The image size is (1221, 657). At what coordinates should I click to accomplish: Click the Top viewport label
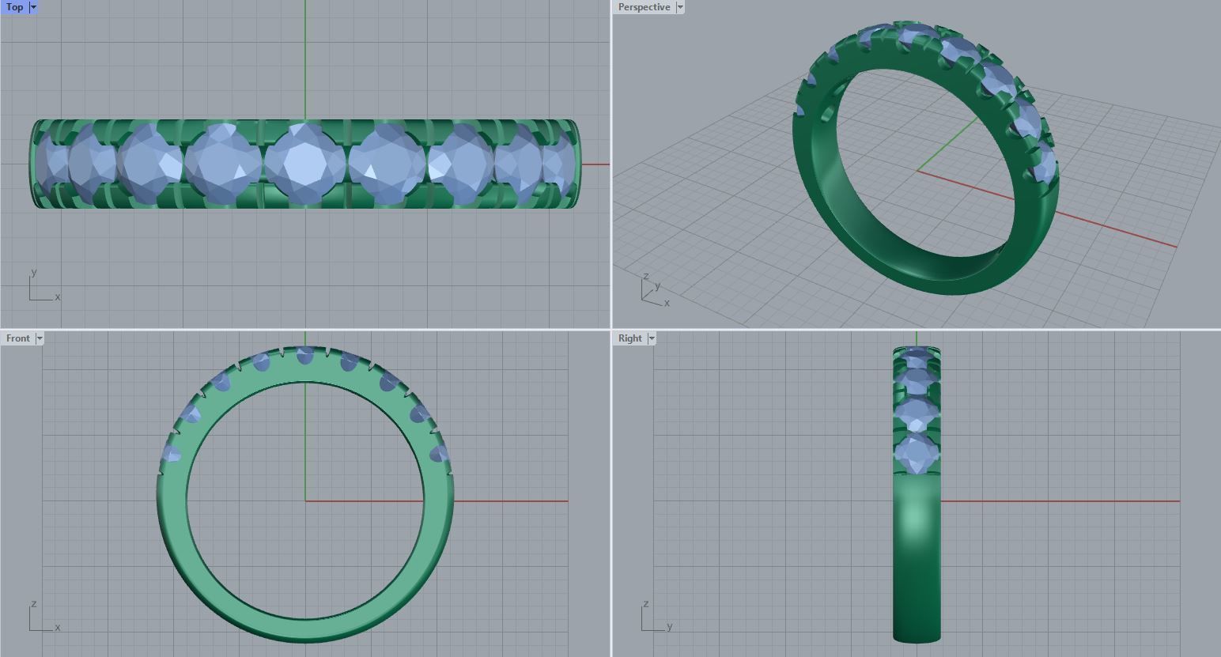(x=14, y=7)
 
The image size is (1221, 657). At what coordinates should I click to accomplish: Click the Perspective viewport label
(x=644, y=7)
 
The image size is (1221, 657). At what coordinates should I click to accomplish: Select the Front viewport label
(x=17, y=338)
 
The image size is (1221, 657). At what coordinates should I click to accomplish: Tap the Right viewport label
(x=629, y=338)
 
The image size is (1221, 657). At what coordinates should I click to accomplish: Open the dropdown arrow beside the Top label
(x=33, y=7)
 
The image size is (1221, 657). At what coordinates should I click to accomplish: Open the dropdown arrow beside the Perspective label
(x=679, y=7)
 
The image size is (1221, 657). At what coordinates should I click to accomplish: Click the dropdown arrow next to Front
(x=40, y=338)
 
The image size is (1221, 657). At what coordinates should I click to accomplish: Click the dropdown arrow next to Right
(x=652, y=338)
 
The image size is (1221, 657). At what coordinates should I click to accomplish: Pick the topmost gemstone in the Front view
(x=305, y=356)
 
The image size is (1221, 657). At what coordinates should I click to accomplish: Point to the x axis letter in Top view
(x=58, y=297)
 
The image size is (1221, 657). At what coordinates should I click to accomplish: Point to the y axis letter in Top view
(x=33, y=273)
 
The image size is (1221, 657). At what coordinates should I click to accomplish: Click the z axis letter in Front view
(x=33, y=604)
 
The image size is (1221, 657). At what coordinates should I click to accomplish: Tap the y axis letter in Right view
(x=669, y=627)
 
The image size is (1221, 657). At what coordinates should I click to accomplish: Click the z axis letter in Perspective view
(x=646, y=276)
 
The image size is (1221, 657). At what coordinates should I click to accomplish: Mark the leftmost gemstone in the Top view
(x=49, y=164)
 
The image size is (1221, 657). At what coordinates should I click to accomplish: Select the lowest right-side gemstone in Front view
(x=437, y=454)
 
